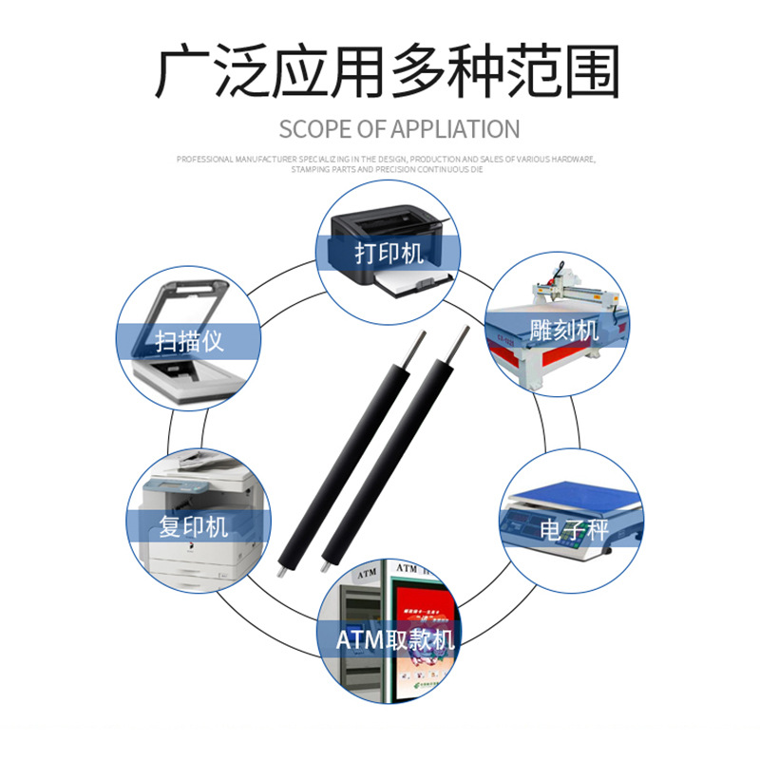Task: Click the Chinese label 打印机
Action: pyautogui.click(x=389, y=254)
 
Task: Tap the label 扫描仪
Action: pyautogui.click(x=189, y=340)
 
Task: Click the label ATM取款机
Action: pyautogui.click(x=395, y=638)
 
